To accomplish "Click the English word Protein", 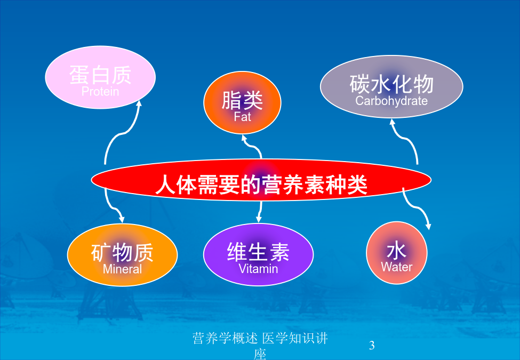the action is [x=100, y=92].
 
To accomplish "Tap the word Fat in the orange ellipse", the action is [x=243, y=117].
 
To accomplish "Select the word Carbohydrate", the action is [x=391, y=101].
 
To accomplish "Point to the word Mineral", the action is [x=122, y=269].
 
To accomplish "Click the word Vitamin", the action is [x=258, y=268].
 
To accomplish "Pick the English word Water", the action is [x=397, y=267].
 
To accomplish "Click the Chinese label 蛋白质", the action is [x=100, y=75].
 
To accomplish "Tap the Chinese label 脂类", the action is [x=242, y=100].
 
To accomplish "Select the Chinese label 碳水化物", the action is [x=391, y=84].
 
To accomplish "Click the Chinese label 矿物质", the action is [x=122, y=252].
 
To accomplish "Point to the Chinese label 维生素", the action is [x=258, y=252].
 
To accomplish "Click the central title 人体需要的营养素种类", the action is [x=261, y=185].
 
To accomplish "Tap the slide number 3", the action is [x=372, y=345].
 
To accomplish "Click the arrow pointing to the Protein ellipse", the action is [x=120, y=133].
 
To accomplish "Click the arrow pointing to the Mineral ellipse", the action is [x=112, y=207].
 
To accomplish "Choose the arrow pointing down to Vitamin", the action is [x=260, y=212].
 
